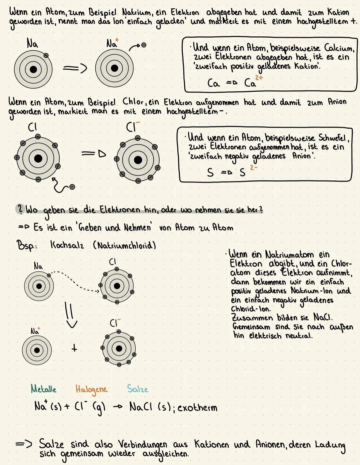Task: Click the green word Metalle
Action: click(43, 389)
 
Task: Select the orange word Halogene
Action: click(91, 389)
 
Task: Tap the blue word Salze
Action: click(137, 389)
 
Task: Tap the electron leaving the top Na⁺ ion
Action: click(144, 45)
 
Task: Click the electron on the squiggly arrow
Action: click(72, 187)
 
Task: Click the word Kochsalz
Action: click(67, 245)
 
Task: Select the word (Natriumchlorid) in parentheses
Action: click(124, 246)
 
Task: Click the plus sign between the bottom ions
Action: click(74, 348)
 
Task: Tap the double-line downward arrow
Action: click(70, 316)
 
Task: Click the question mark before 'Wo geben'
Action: click(20, 209)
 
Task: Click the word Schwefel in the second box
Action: click(332, 137)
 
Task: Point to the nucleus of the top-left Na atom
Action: click(33, 69)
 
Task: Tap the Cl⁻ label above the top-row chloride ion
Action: click(132, 127)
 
